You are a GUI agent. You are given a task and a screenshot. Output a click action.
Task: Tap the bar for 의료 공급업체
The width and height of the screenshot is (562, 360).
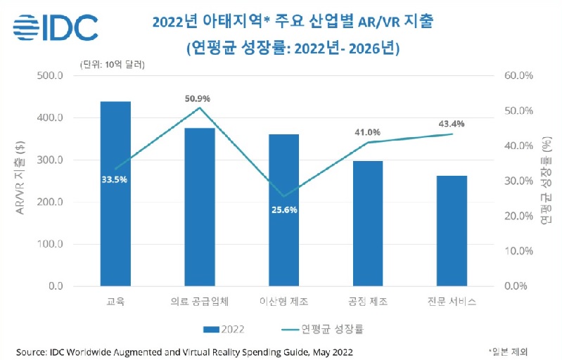pyautogui.click(x=200, y=207)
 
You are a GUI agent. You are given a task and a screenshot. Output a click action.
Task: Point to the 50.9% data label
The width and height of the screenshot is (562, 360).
pyautogui.click(x=198, y=98)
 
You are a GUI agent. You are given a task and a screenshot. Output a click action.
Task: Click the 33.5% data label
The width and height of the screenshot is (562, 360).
pyautogui.click(x=115, y=179)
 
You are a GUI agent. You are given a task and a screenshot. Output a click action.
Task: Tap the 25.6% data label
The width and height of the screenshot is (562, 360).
pyautogui.click(x=283, y=210)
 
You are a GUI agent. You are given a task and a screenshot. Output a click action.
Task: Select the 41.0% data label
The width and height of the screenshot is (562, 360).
pyautogui.click(x=366, y=131)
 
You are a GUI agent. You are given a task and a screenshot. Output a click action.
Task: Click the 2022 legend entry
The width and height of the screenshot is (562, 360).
pyautogui.click(x=224, y=328)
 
